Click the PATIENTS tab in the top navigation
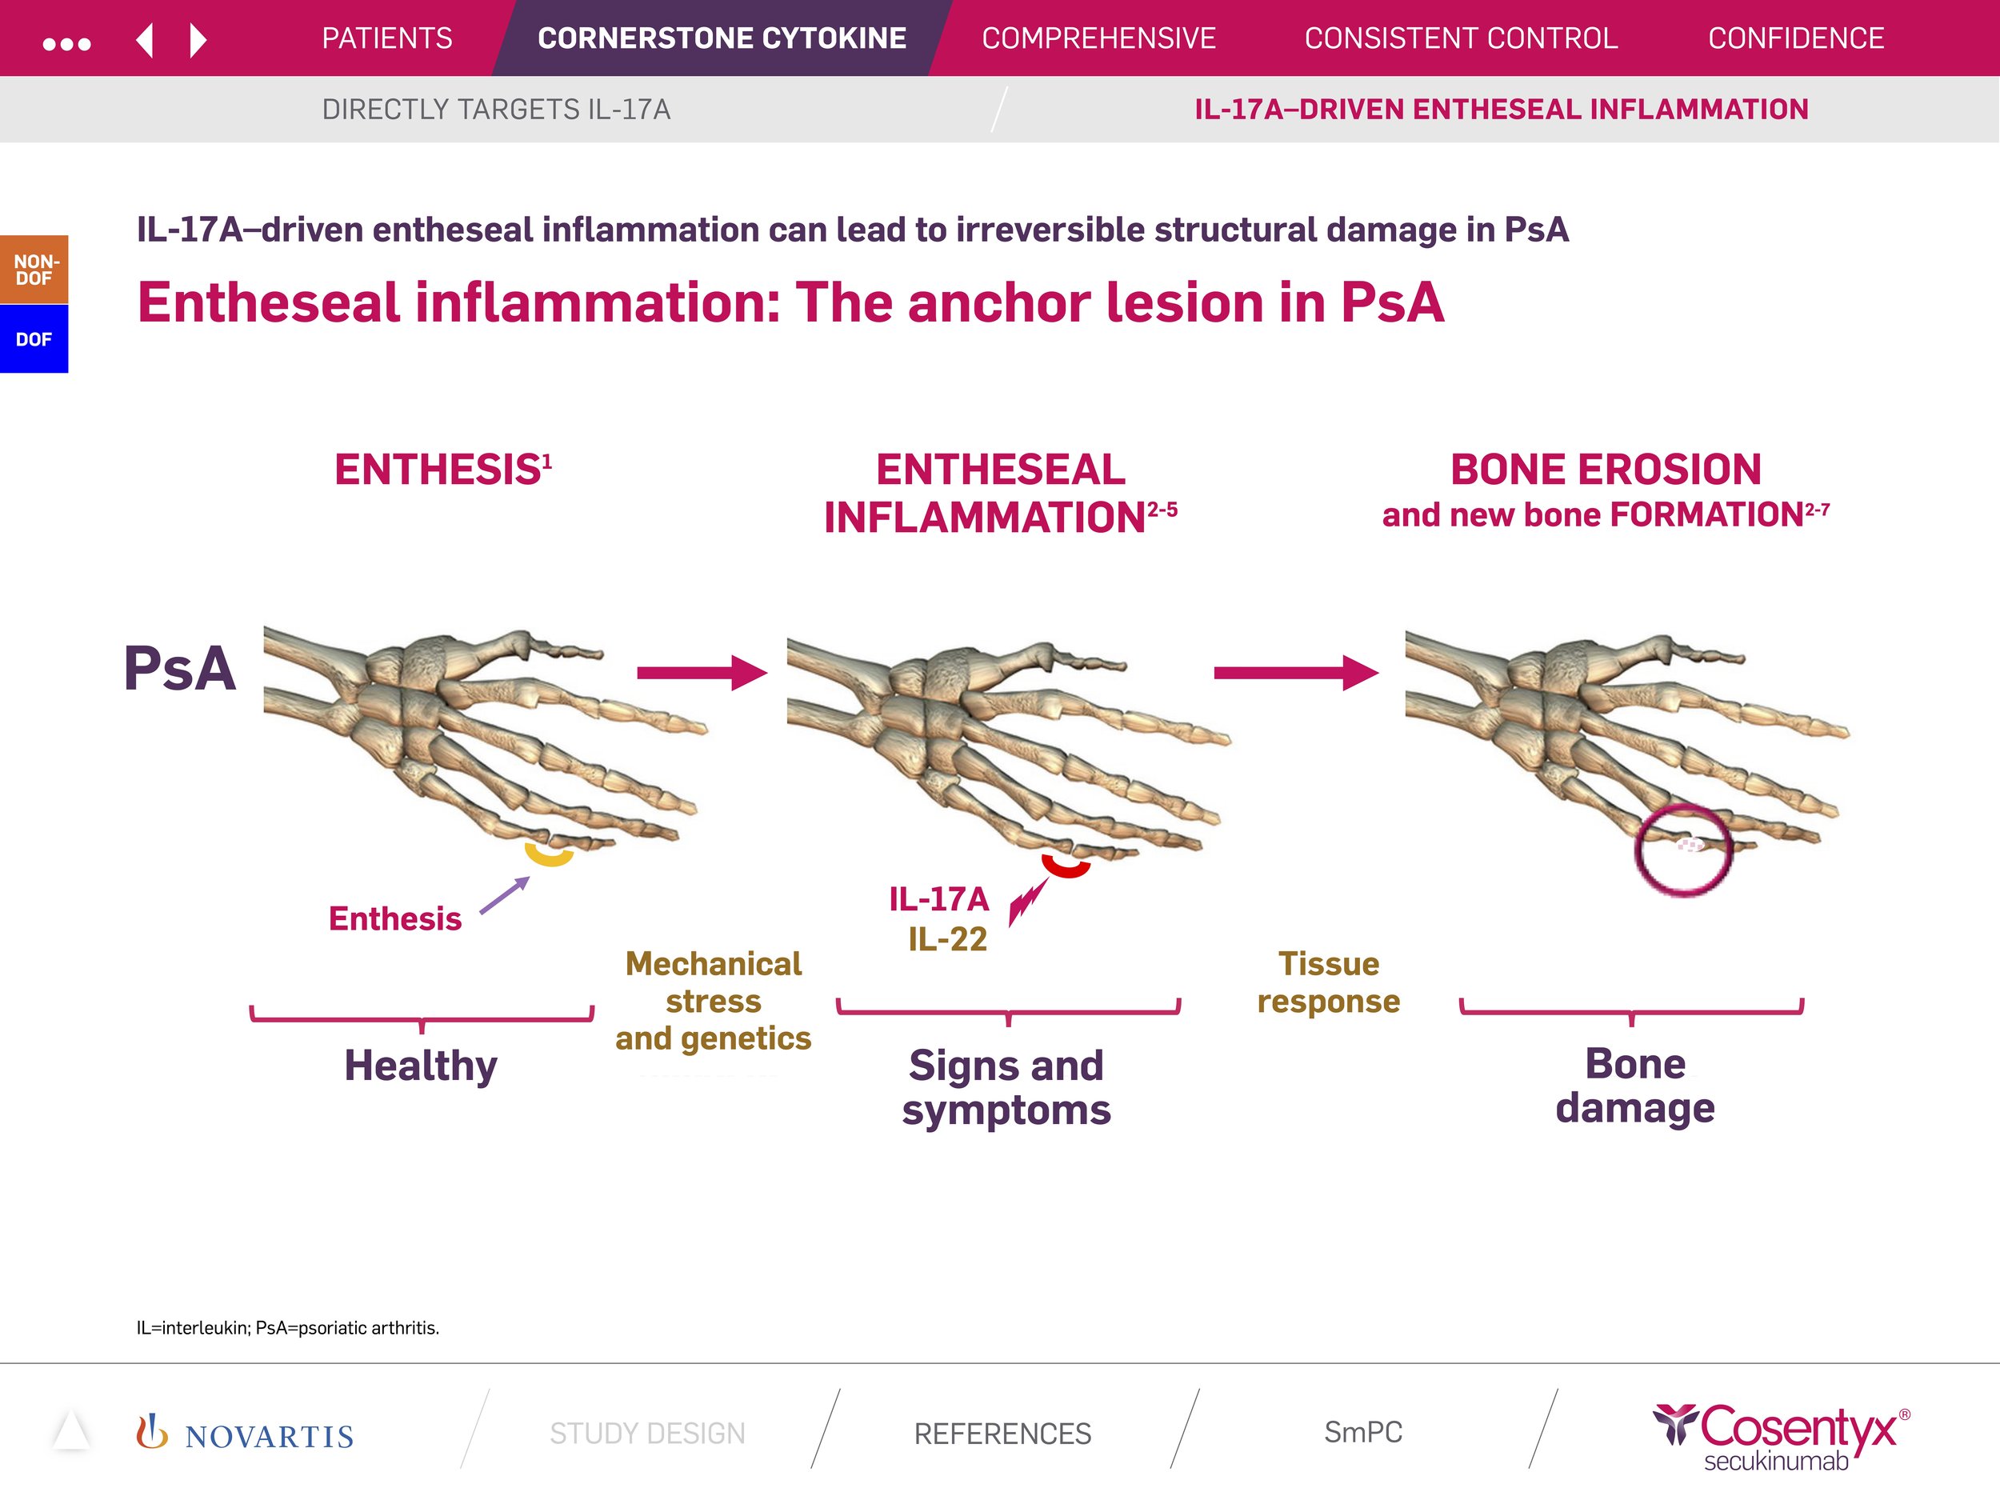coord(387,38)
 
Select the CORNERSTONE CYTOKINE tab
coord(722,38)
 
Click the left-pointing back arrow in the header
coord(145,41)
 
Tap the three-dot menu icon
coord(67,43)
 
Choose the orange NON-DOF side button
coord(34,270)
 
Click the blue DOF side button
coord(34,339)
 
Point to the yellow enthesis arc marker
coord(549,854)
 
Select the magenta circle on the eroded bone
coord(1682,849)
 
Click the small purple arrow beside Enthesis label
coord(505,895)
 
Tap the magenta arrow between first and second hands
coord(702,672)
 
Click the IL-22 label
coord(947,939)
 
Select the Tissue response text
coord(1328,982)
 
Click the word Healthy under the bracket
coord(421,1065)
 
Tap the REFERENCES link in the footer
coord(1002,1433)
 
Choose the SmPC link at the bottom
coord(1362,1432)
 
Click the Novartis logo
coord(245,1434)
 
